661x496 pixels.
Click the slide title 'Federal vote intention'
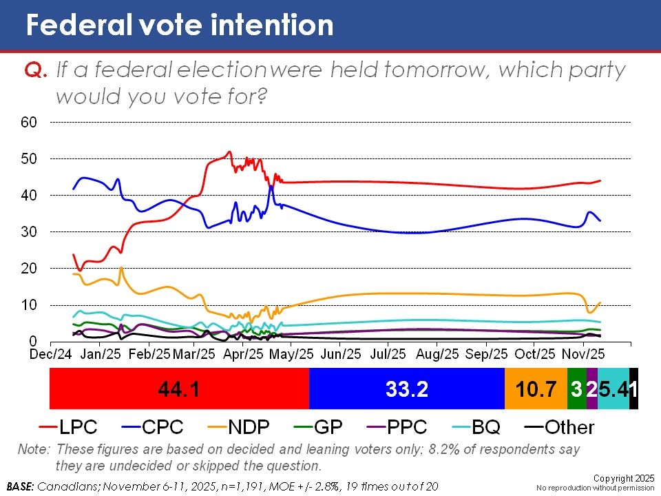tap(179, 25)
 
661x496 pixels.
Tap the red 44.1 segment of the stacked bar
tap(179, 389)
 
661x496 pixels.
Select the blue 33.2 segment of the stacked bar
tap(407, 389)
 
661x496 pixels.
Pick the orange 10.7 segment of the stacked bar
tap(536, 389)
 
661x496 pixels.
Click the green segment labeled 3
tap(576, 389)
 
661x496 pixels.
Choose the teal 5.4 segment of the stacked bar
tap(613, 389)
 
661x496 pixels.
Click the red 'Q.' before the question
tap(35, 70)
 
